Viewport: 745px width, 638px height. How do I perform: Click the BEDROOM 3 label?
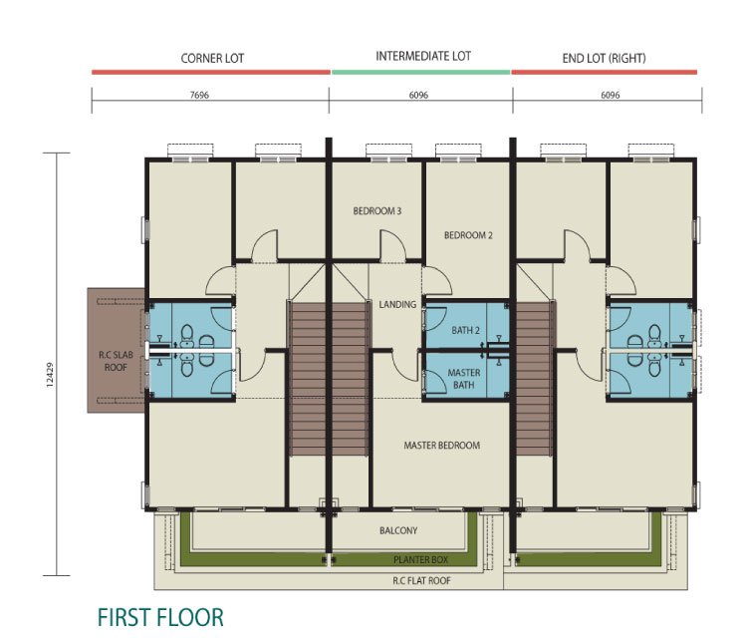pyautogui.click(x=377, y=210)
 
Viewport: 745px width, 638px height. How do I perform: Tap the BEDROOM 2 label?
pyautogui.click(x=468, y=235)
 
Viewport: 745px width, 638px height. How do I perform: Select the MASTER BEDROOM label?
pyautogui.click(x=442, y=445)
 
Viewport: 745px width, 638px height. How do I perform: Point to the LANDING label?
pyautogui.click(x=397, y=304)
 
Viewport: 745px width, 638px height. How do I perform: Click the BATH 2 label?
pyautogui.click(x=466, y=330)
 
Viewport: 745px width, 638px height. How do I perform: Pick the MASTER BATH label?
pyautogui.click(x=464, y=379)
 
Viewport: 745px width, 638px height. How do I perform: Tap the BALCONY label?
pyautogui.click(x=398, y=530)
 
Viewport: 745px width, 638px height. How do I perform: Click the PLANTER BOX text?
pyautogui.click(x=420, y=559)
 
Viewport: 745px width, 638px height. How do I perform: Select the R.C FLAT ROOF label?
pyautogui.click(x=421, y=580)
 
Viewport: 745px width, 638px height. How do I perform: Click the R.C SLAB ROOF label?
pyautogui.click(x=116, y=361)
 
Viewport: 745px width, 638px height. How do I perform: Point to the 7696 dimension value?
pyautogui.click(x=199, y=95)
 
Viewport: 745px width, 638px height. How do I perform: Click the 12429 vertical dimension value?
pyautogui.click(x=50, y=375)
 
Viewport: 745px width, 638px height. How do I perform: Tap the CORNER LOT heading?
pyautogui.click(x=212, y=59)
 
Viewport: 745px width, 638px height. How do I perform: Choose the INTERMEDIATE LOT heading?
pyautogui.click(x=423, y=56)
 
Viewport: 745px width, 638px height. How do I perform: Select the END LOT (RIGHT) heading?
pyautogui.click(x=604, y=58)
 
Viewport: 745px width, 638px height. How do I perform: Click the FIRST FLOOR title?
pyautogui.click(x=160, y=617)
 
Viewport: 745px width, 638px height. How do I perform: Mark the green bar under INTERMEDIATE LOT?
pyautogui.click(x=421, y=72)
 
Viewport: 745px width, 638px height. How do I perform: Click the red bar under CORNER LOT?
pyautogui.click(x=211, y=72)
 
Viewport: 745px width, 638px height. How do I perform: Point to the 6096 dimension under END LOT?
pyautogui.click(x=611, y=95)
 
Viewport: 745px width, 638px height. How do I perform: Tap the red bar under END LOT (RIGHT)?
pyautogui.click(x=605, y=72)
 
